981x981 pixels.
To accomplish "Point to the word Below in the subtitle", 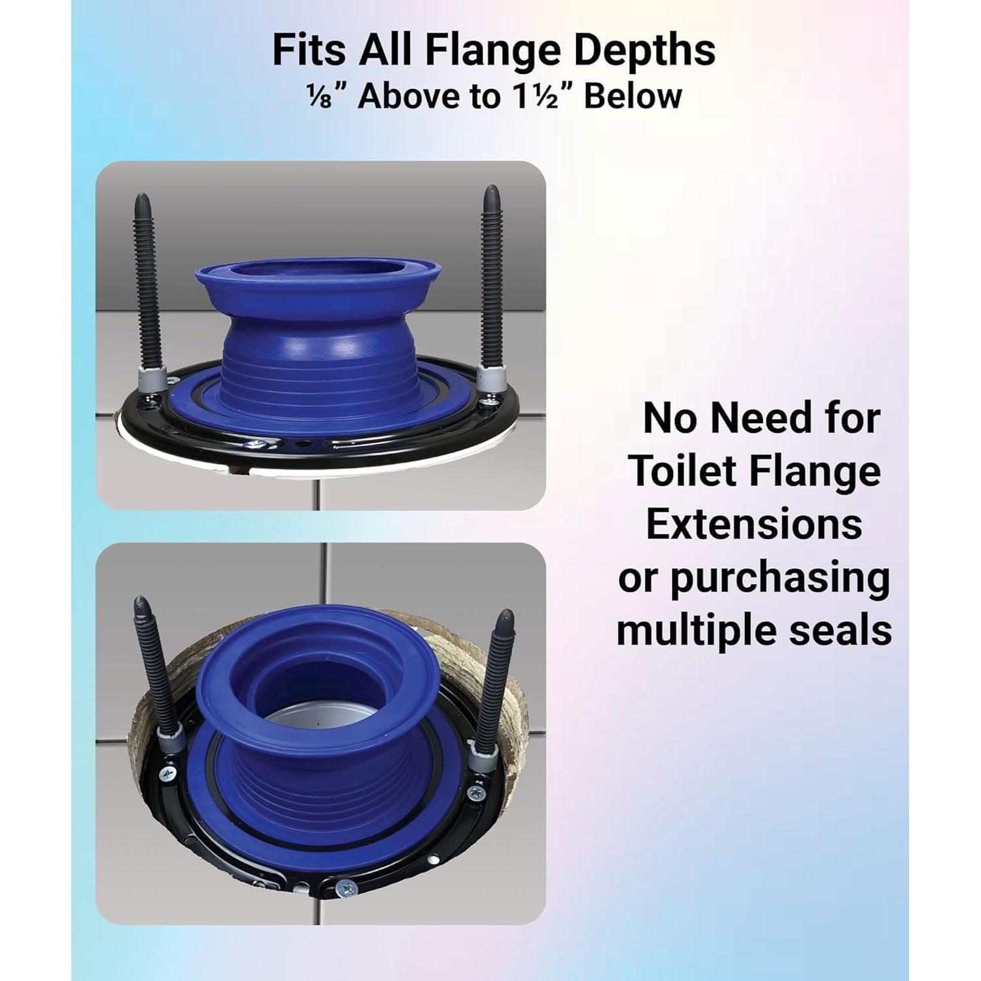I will [632, 96].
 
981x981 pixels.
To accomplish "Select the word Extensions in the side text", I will [754, 524].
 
